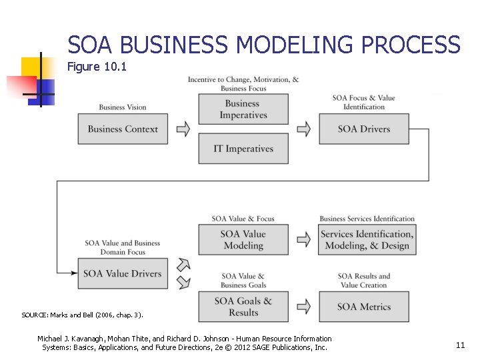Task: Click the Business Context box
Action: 123,129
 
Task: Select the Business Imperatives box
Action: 243,109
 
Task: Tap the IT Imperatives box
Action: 243,149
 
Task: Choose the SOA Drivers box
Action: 364,129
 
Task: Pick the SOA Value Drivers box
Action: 123,273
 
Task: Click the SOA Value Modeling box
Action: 243,239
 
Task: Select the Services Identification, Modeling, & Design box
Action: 367,239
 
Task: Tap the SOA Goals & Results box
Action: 243,307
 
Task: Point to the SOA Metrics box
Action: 364,307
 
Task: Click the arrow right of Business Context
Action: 183,129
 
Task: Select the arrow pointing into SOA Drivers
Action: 303,129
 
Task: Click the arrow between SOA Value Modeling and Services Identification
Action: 303,239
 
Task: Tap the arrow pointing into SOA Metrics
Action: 303,307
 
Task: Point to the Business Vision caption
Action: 123,107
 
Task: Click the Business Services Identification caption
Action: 367,219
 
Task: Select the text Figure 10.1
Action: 97,67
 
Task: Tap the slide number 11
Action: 460,345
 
